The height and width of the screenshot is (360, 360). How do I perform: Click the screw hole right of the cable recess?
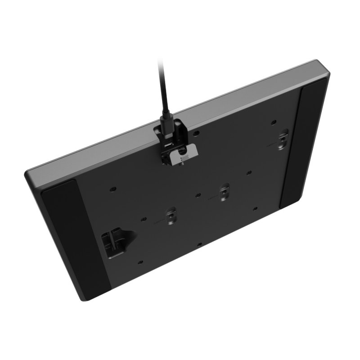(x=196, y=133)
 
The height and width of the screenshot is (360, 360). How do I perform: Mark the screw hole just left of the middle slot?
(x=198, y=195)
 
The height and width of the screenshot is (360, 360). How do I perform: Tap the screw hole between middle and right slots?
(x=248, y=172)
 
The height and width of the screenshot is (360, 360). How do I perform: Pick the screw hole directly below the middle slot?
(x=198, y=245)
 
